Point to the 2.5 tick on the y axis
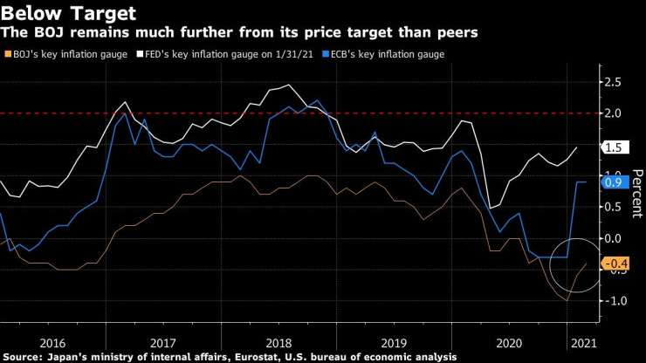click(x=614, y=82)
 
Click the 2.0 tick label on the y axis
click(x=614, y=113)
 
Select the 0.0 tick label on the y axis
click(x=614, y=238)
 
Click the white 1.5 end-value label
click(x=615, y=148)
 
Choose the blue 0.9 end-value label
click(x=615, y=182)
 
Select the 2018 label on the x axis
click(x=280, y=343)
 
